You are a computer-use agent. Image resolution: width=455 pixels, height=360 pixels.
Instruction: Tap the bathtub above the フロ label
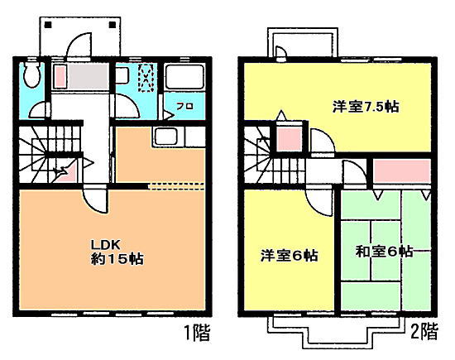184,76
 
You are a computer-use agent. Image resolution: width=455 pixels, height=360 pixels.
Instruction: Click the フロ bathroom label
184,106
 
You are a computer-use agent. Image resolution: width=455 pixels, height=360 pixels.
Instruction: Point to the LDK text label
106,245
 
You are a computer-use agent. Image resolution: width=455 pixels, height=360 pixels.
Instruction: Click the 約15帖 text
117,259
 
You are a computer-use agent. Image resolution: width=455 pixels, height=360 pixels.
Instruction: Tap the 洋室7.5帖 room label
366,107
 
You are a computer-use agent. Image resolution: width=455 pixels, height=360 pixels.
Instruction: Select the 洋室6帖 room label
289,256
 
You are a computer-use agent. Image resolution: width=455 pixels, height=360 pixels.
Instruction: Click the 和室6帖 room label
384,252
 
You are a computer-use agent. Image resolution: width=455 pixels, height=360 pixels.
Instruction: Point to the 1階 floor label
197,333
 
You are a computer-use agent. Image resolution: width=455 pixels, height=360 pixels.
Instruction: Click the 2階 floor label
424,332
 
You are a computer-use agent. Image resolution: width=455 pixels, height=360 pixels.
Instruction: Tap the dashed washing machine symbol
146,78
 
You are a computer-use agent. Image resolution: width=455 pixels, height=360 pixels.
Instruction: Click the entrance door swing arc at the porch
79,44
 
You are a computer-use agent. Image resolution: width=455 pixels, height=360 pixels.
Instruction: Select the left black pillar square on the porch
48,25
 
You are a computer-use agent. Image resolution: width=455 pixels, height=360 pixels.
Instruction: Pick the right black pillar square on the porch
113,25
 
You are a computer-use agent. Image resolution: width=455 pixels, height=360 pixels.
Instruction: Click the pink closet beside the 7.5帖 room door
289,139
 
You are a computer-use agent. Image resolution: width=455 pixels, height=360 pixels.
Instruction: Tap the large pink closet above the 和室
401,171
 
